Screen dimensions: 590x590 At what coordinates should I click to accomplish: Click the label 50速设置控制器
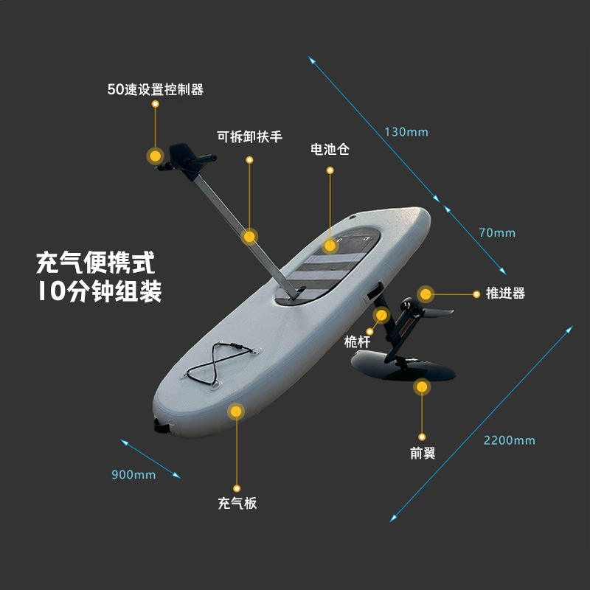[x=155, y=90]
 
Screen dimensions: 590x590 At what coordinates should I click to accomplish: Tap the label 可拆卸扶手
[x=249, y=137]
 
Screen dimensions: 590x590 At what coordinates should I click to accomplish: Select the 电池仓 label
[x=330, y=150]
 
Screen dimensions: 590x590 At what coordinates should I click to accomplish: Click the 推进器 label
[x=505, y=294]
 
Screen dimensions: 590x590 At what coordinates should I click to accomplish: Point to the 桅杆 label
[x=357, y=341]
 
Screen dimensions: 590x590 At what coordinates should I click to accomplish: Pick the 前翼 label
[x=423, y=453]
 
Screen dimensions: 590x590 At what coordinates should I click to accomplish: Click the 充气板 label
[x=237, y=504]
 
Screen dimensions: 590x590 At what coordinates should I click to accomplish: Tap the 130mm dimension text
[x=406, y=133]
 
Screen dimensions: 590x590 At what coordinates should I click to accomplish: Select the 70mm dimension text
[x=497, y=233]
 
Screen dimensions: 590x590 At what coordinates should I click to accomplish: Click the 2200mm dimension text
[x=509, y=441]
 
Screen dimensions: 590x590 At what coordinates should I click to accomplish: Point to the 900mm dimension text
[x=133, y=475]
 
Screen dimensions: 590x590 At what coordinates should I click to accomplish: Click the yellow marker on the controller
[x=155, y=156]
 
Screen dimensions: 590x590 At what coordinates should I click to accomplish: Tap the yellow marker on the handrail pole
[x=249, y=237]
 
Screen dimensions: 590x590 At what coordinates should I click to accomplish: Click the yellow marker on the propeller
[x=425, y=294]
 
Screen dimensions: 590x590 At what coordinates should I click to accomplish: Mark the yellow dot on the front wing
[x=421, y=386]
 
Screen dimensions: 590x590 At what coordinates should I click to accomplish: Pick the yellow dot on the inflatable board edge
[x=236, y=412]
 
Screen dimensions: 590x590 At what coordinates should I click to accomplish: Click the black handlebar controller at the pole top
[x=184, y=157]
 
